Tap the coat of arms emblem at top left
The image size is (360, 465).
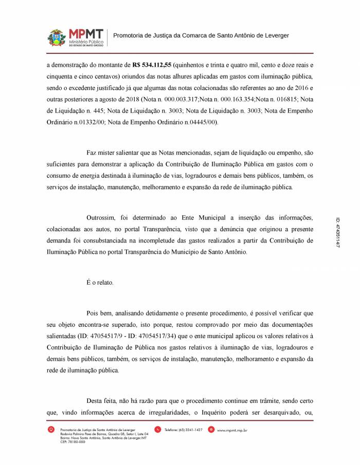(57, 38)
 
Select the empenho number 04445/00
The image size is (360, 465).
(203, 122)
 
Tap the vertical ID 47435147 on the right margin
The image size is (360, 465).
(337, 232)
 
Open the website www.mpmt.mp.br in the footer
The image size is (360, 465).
(232, 430)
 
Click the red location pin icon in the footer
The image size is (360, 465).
(51, 430)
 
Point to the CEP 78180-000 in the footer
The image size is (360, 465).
(73, 441)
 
